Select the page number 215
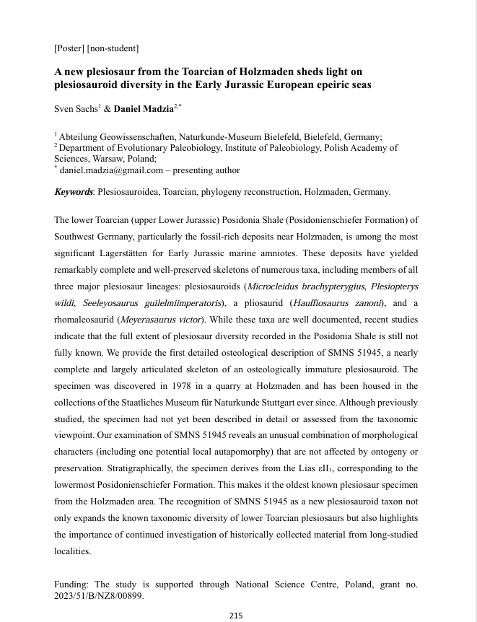click(x=236, y=616)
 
